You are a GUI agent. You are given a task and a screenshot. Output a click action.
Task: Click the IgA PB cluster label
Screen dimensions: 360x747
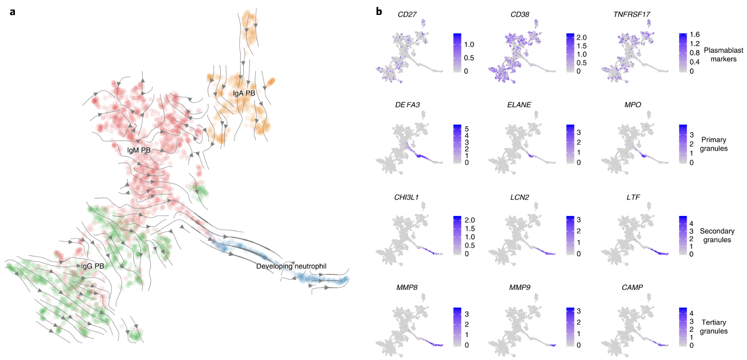pyautogui.click(x=244, y=93)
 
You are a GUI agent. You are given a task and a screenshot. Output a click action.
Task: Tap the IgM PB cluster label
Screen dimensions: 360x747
pyautogui.click(x=139, y=150)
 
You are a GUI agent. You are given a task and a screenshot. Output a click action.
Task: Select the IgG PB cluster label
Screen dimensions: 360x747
pyautogui.click(x=93, y=266)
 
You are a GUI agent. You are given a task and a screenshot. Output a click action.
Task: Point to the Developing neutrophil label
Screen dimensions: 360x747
pyautogui.click(x=291, y=266)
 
